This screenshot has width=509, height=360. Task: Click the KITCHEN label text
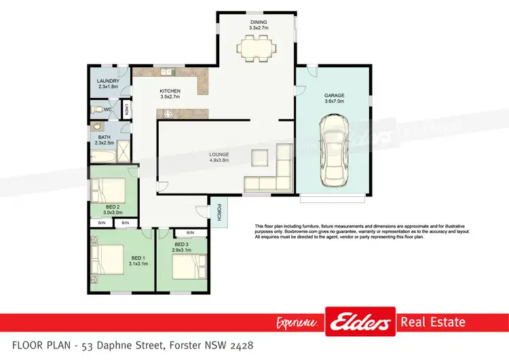[170, 91]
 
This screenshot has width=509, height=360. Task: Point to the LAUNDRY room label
[109, 81]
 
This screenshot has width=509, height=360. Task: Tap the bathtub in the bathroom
[102, 157]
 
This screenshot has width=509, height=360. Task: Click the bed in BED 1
[109, 257]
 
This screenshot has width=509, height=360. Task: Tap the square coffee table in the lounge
[260, 158]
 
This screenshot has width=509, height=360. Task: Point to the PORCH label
[219, 213]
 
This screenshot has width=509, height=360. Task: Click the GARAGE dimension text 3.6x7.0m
[335, 101]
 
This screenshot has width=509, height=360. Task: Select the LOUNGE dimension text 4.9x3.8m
[219, 161]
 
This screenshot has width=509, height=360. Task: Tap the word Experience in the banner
[298, 323]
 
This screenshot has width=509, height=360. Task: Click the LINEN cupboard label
[126, 109]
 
